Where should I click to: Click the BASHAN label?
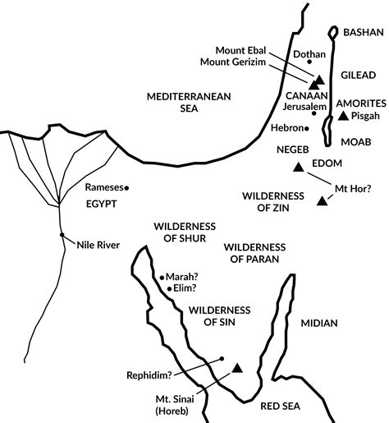(361, 32)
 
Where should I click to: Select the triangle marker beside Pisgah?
(343, 117)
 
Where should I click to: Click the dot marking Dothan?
(309, 62)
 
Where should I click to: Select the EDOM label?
(326, 164)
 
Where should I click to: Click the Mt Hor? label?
(354, 188)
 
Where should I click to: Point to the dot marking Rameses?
(126, 187)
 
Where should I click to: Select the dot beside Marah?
(162, 278)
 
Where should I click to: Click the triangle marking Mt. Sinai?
(237, 370)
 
